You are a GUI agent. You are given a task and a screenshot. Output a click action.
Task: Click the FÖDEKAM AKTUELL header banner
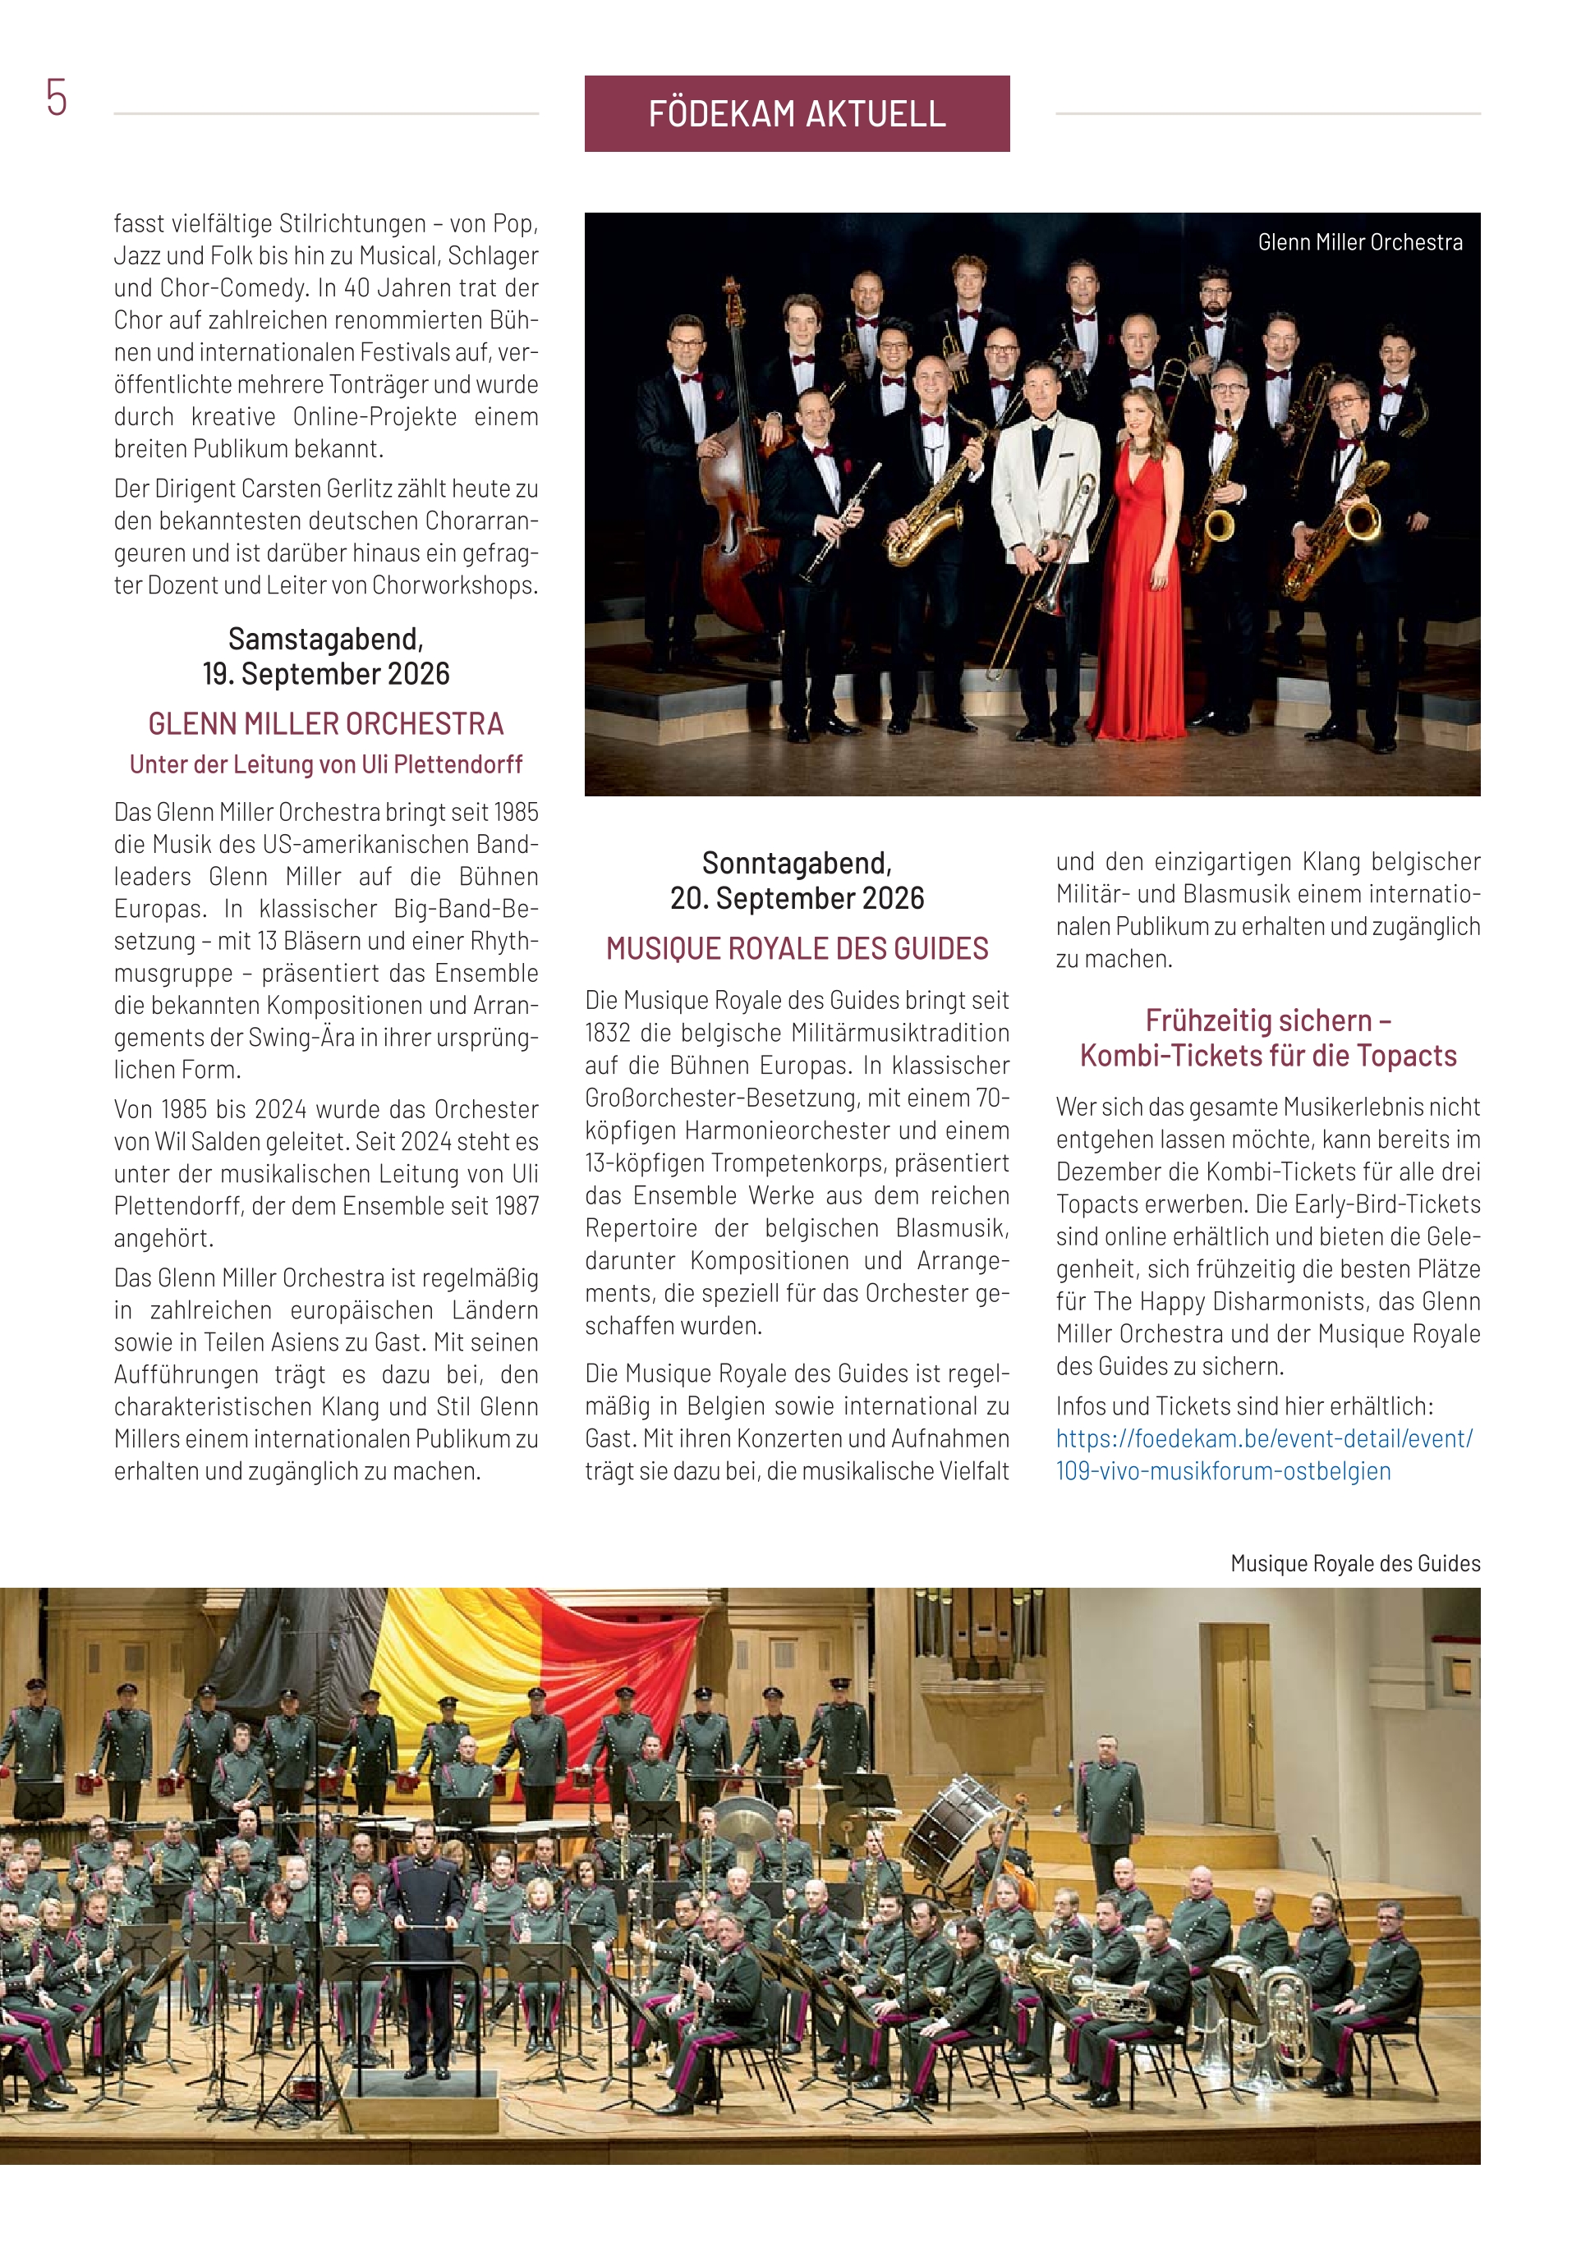(x=796, y=114)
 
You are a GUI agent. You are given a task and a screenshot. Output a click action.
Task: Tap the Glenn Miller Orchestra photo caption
(x=1359, y=243)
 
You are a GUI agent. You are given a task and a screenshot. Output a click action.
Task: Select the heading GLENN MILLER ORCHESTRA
(x=325, y=724)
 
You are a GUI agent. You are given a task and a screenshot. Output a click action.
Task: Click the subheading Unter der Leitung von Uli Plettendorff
(x=325, y=764)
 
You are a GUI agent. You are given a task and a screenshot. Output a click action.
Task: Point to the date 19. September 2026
(x=325, y=674)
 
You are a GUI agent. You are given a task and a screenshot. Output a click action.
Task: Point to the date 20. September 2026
(x=796, y=898)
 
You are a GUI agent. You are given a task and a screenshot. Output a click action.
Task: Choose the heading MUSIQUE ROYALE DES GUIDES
(x=796, y=948)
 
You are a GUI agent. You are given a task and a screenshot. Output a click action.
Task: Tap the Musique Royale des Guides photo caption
(x=1354, y=1563)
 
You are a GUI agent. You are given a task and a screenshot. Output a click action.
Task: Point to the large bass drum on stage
(x=949, y=1823)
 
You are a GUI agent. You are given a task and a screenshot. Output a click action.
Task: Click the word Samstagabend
(x=325, y=640)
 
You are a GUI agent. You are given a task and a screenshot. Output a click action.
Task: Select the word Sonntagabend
(x=796, y=864)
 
